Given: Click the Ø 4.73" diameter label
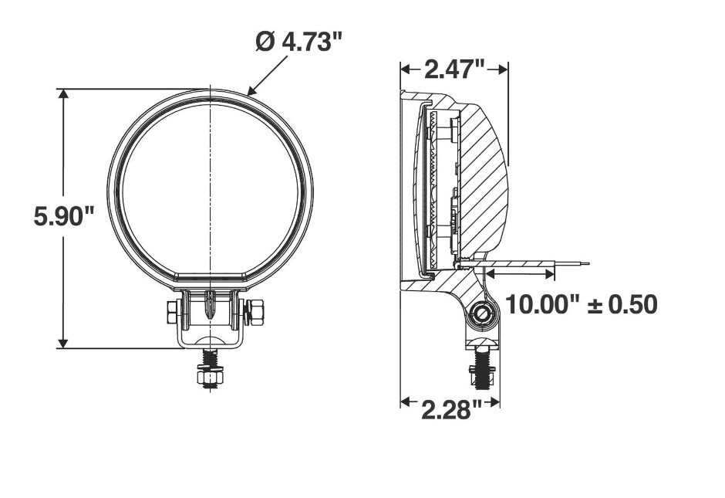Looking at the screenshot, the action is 298,42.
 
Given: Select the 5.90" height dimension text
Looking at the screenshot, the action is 64,216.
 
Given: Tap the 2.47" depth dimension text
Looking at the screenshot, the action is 454,69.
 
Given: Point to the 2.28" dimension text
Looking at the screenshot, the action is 452,410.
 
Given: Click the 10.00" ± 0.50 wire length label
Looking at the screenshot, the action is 582,304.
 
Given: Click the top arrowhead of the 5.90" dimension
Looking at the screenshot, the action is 63,94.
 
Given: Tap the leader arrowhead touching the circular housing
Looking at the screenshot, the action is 252,90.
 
